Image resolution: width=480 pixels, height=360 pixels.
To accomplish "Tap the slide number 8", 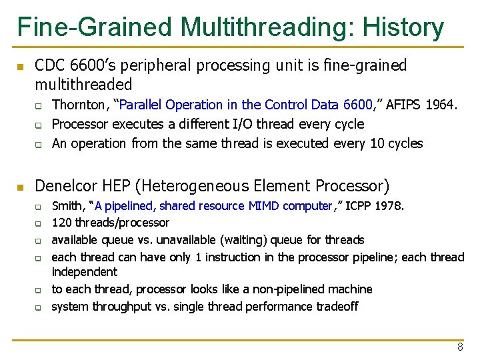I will pos(460,347).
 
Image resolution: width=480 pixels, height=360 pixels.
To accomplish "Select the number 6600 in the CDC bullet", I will pos(85,65).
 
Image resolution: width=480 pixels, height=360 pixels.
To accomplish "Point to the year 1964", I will pos(442,105).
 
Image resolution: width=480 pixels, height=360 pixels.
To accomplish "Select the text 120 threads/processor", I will pos(111,223).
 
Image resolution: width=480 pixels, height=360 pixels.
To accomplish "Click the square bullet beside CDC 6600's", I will pos(21,67).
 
